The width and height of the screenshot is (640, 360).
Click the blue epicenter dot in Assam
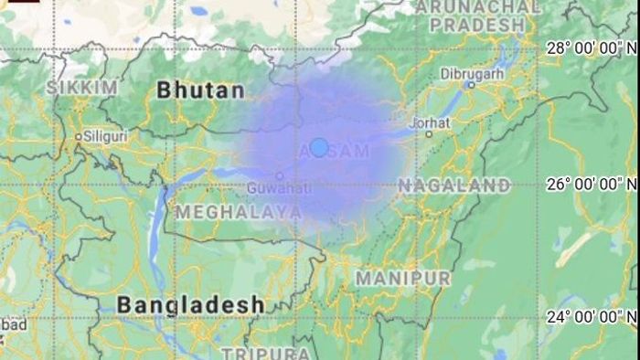coord(318,147)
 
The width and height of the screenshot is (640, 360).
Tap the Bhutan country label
coord(201,90)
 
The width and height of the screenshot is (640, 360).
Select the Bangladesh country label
coord(191,303)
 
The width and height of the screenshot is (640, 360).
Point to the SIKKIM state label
coord(82,87)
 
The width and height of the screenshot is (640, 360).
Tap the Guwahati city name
coord(279,188)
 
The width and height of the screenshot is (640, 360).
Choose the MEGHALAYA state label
coord(239,212)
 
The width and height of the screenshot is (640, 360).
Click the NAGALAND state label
coord(453,185)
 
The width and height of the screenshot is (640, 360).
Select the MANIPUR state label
coord(403,277)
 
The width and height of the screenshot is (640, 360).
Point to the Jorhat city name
coord(431,122)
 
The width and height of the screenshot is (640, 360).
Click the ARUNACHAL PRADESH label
coord(479,16)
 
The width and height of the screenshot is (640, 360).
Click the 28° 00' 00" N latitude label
coord(591,48)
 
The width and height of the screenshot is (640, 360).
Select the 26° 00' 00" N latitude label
coord(591,184)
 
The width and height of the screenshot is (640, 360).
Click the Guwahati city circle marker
coord(280,175)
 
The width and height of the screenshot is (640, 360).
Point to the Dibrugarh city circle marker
coord(471,84)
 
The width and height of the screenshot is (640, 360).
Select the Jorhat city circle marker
coord(427,133)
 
